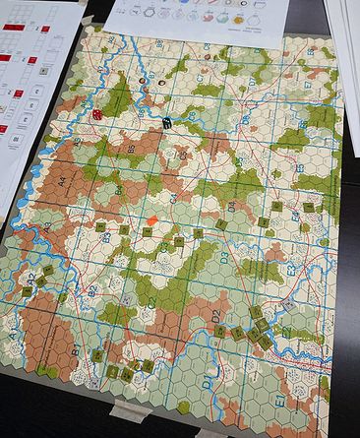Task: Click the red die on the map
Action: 98,114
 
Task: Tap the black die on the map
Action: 168,123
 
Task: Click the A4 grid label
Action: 61,181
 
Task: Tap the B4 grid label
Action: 119,188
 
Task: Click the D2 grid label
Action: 217,315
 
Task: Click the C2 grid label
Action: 150,313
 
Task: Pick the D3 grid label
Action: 224,258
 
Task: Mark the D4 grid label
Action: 233,208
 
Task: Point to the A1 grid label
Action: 14,335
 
